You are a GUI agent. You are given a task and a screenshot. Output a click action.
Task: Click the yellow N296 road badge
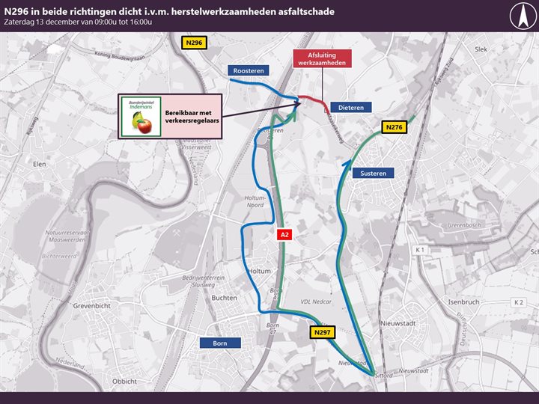tap(194, 43)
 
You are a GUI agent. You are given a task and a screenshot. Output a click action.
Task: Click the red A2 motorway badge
tap(284, 235)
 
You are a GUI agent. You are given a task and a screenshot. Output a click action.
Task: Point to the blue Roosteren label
tap(249, 70)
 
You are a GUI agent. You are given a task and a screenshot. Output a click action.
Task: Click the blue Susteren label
tap(373, 173)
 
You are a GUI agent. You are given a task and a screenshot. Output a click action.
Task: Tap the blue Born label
tap(220, 343)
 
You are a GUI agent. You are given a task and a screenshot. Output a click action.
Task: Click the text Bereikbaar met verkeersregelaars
tap(188, 117)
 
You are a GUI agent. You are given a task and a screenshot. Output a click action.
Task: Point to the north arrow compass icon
tap(522, 15)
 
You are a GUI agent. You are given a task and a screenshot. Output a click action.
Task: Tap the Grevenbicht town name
tap(92, 306)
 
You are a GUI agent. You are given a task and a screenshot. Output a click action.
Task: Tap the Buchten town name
tap(225, 297)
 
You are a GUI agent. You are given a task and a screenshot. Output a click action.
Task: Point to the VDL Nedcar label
tap(315, 302)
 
